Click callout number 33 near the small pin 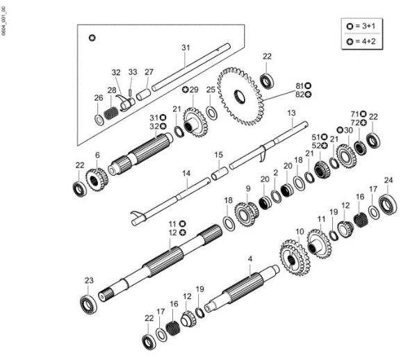tap(132, 72)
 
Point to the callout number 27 tap(149, 72)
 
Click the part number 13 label tap(291, 113)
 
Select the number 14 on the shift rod tap(186, 172)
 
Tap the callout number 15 tap(218, 154)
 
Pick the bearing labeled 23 tap(89, 303)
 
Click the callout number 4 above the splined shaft tap(250, 259)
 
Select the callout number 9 tap(247, 188)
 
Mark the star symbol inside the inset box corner tap(92, 36)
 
